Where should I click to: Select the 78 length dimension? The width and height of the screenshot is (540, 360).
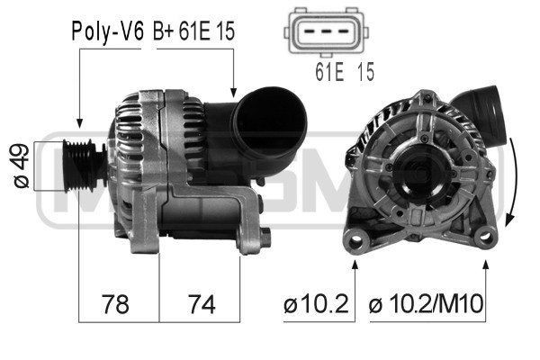pos(114,305)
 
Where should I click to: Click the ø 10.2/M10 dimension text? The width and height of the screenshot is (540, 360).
pos(427,305)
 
